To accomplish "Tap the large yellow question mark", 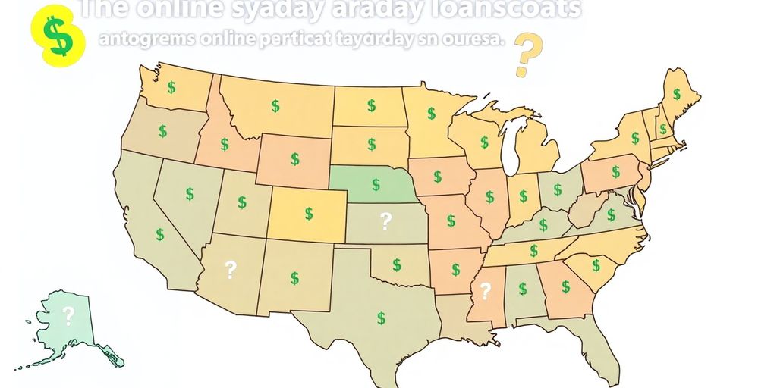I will [x=524, y=55].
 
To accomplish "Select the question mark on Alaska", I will [x=68, y=314].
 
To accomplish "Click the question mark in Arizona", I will [x=231, y=268].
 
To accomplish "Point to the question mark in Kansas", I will [x=385, y=221].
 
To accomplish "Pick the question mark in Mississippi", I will [x=486, y=289].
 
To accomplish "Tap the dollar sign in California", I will [x=160, y=234].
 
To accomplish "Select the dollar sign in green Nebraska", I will [x=376, y=184].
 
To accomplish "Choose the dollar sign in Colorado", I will [x=309, y=212].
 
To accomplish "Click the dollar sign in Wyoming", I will [x=294, y=159].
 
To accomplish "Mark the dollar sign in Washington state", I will [x=171, y=87].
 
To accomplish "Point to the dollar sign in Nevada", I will [x=189, y=194].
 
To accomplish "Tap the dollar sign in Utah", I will [x=241, y=202].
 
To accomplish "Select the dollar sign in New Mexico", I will [x=294, y=278].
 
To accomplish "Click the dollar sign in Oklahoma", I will [x=396, y=264].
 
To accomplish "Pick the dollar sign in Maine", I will [x=678, y=94].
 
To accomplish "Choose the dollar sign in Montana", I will [x=275, y=105].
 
